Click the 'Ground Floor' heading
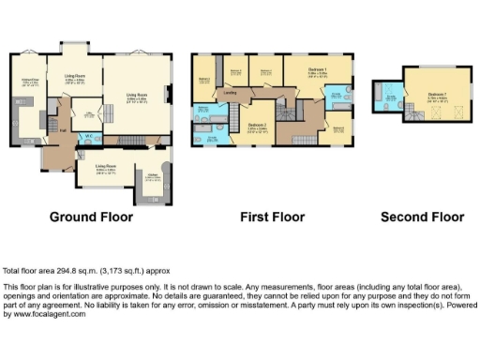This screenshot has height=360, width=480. click(91, 217)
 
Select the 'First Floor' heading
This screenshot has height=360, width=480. click(273, 217)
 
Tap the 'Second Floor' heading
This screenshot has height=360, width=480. click(422, 217)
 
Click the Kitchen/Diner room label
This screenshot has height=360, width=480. click(29, 81)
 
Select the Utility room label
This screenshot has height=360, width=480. click(89, 113)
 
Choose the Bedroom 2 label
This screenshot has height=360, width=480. click(259, 124)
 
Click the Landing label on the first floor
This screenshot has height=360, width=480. click(229, 93)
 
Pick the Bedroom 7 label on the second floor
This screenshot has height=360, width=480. click(437, 94)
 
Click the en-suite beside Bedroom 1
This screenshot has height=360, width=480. click(337, 96)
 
